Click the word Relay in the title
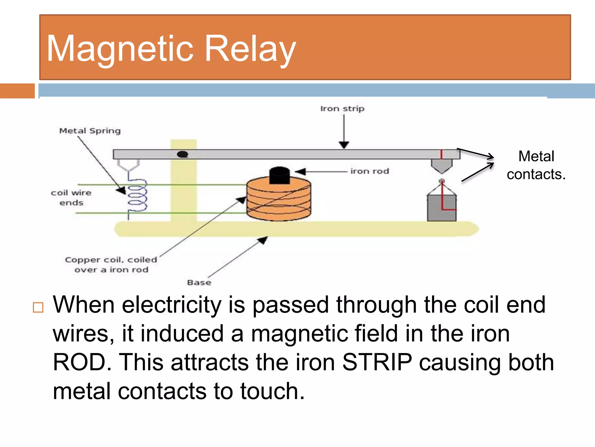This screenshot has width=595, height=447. point(250,48)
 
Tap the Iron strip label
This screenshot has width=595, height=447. point(342,109)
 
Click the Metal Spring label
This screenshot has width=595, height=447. point(90,131)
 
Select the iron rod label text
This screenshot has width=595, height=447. point(370,171)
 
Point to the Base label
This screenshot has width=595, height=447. point(199,283)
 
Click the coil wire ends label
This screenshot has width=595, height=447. point(71,198)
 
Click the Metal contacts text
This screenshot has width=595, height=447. point(536,165)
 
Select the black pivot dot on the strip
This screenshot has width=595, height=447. point(182,154)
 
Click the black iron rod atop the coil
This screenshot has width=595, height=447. point(279,175)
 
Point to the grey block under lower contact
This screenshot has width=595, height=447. point(442,208)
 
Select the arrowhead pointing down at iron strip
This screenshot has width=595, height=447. point(344,145)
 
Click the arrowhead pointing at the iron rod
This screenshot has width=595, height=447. point(300,172)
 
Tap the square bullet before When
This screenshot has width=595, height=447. point(38,307)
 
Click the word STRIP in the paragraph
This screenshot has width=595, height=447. point(377,362)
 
